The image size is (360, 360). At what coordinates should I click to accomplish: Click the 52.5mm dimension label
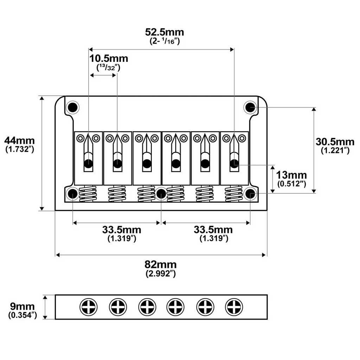pyautogui.click(x=165, y=32)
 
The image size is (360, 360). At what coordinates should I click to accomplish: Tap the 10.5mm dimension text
pyautogui.click(x=109, y=59)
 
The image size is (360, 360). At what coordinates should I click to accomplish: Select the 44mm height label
pyautogui.click(x=20, y=141)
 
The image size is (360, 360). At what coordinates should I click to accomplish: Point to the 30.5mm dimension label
pyautogui.click(x=335, y=142)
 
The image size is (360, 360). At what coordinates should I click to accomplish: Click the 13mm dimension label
pyautogui.click(x=291, y=175)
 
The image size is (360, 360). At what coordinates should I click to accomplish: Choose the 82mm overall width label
pyautogui.click(x=160, y=265)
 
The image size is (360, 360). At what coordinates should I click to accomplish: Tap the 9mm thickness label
pyautogui.click(x=22, y=307)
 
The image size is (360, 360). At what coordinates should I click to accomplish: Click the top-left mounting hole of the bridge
pyautogui.click(x=72, y=107)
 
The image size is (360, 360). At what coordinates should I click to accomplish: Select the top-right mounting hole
pyautogui.click(x=250, y=107)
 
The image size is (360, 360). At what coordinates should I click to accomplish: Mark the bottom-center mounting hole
pyautogui.click(x=161, y=194)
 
